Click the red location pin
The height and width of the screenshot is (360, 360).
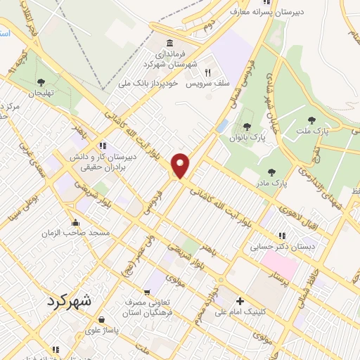click(181, 165)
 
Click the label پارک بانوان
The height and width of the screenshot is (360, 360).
click(250, 138)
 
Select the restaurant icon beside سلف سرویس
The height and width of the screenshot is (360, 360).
click(207, 72)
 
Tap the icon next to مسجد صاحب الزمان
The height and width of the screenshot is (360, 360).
click(75, 224)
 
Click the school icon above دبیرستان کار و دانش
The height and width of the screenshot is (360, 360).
click(103, 146)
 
